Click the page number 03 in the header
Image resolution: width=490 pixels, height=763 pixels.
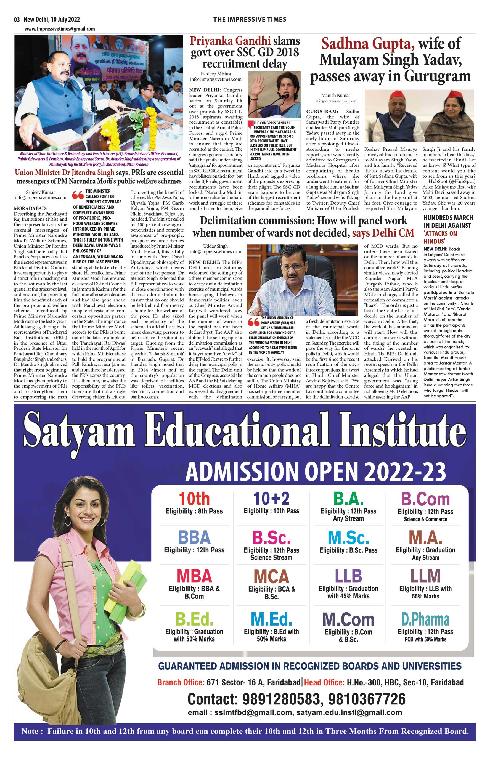17,20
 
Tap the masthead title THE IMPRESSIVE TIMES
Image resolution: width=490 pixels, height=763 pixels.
250,19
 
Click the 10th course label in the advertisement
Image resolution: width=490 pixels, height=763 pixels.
194,499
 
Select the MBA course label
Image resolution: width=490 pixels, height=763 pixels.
194,576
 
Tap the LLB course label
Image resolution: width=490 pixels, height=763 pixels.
348,576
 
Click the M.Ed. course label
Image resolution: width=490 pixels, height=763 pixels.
271,619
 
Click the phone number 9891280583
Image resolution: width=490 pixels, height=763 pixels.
281,699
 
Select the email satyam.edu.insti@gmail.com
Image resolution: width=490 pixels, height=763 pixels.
349,712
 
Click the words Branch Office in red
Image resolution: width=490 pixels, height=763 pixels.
181,682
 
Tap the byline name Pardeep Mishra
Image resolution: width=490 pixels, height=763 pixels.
216,74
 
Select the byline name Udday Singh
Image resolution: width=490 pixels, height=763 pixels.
215,246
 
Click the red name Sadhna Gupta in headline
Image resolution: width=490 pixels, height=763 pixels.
368,44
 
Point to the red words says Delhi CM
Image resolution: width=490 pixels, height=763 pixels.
383,233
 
